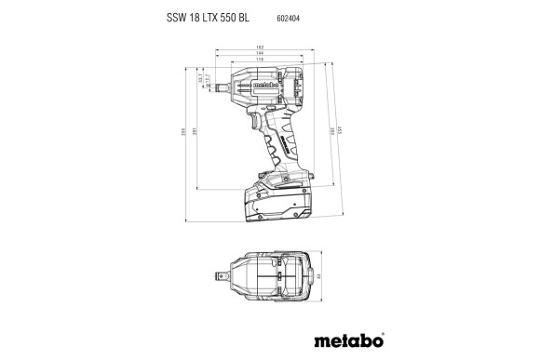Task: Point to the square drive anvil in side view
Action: [218, 87]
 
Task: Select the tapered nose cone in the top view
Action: [236, 277]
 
